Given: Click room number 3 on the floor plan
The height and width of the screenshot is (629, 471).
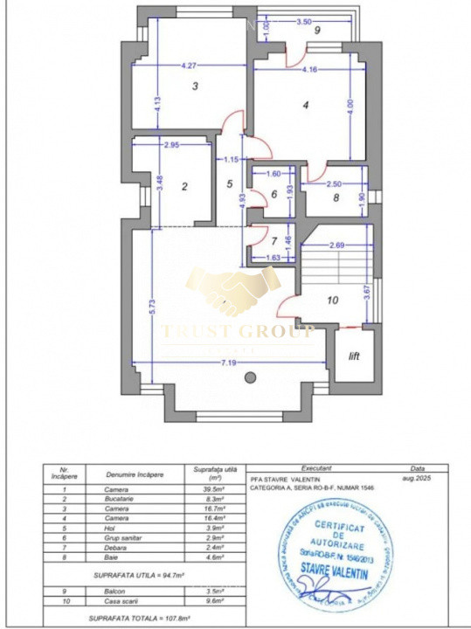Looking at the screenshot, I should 196,86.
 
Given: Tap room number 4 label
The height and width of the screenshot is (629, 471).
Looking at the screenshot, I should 305,106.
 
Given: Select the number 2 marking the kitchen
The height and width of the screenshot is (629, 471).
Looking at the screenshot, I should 184,186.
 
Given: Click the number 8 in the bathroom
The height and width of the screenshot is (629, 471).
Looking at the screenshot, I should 336,197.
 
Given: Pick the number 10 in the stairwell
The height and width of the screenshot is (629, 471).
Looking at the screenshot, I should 331,301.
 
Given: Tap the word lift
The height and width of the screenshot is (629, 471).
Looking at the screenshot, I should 354,356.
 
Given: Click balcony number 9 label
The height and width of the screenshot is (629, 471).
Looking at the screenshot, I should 318,31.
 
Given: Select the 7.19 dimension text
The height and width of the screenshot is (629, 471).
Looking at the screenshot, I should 229,362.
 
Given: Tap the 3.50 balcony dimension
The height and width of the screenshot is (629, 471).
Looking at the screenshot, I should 304,20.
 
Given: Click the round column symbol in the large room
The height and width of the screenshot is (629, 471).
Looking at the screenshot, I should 251,378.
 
